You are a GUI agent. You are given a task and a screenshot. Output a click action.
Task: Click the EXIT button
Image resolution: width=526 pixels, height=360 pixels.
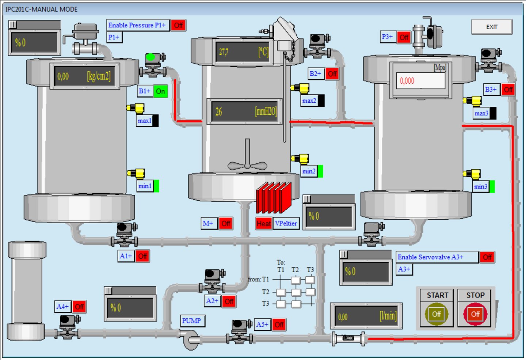click(x=492, y=27)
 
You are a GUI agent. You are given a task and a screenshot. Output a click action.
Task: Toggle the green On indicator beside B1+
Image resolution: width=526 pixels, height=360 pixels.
click(x=160, y=91)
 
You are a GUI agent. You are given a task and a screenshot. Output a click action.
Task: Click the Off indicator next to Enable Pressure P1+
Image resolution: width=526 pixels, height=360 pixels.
click(x=178, y=25)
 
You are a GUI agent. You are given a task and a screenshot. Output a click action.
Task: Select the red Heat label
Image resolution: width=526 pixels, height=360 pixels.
click(x=263, y=223)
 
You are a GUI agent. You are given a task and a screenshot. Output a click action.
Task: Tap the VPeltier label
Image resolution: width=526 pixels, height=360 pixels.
click(x=286, y=223)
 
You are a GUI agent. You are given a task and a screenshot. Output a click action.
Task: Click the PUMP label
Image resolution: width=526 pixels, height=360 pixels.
click(x=192, y=321)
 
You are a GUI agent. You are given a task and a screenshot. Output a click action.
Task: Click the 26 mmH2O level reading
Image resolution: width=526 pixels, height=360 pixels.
click(x=244, y=111)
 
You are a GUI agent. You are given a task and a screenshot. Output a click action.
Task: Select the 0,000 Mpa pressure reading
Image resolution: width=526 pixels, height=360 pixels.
click(x=420, y=81)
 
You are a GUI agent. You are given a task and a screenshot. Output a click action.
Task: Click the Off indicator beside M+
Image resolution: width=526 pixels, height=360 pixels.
click(x=226, y=223)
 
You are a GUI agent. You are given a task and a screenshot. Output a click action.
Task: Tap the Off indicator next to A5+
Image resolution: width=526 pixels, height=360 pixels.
click(x=279, y=325)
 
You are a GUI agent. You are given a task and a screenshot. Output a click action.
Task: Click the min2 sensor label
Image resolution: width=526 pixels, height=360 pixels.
click(x=309, y=171)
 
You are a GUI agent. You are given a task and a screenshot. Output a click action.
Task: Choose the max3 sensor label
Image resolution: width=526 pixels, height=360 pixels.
click(x=481, y=113)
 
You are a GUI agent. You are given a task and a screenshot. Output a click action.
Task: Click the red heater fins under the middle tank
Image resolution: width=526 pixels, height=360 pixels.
click(x=274, y=198)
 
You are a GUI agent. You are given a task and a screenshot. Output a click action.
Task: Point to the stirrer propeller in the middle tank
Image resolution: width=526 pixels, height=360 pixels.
click(x=247, y=165)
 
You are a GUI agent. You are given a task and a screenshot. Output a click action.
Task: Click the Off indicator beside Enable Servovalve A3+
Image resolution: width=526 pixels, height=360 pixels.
click(x=487, y=257)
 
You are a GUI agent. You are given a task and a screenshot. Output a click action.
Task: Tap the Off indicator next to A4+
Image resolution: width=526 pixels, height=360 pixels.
click(x=79, y=307)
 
